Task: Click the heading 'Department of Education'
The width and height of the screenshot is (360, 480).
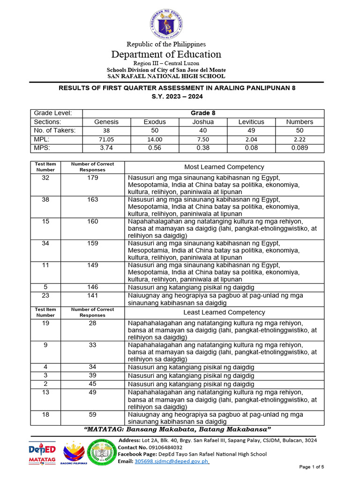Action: pos(166,54)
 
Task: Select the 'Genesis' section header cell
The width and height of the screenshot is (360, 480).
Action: pos(106,122)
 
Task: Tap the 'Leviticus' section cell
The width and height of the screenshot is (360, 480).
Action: pos(251,122)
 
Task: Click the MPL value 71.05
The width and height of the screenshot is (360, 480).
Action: pos(106,140)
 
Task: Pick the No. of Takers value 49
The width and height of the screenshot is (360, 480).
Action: pos(251,131)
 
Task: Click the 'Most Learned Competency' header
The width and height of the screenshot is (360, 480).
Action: pos(224,167)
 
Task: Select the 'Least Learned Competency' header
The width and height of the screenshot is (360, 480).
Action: pos(224,312)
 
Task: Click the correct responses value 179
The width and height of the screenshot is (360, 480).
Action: pos(92,178)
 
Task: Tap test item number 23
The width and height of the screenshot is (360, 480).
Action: pos(45,295)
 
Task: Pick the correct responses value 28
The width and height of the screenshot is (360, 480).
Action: pos(92,323)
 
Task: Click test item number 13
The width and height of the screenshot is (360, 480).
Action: pos(45,392)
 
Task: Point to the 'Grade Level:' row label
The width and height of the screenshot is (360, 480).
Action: pos(52,113)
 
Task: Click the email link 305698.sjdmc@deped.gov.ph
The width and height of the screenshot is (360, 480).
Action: pos(172,461)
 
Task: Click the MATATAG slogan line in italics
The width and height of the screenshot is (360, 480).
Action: pos(177,430)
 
